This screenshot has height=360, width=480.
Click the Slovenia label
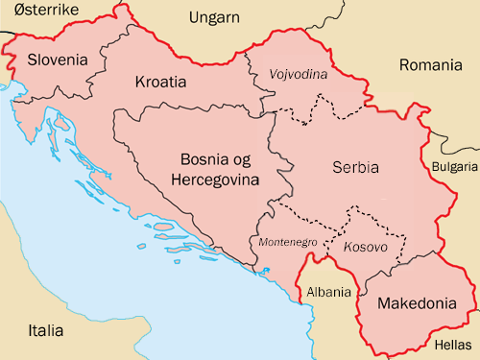pyautogui.click(x=58, y=60)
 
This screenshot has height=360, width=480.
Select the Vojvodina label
pyautogui.click(x=299, y=74)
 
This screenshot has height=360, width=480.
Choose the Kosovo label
pyautogui.click(x=365, y=248)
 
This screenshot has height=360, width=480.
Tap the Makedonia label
pyautogui.click(x=419, y=303)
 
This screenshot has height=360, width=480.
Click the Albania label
pyautogui.click(x=328, y=291)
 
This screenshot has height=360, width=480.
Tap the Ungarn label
pyautogui.click(x=216, y=18)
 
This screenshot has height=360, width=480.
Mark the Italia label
pyautogui.click(x=45, y=331)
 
